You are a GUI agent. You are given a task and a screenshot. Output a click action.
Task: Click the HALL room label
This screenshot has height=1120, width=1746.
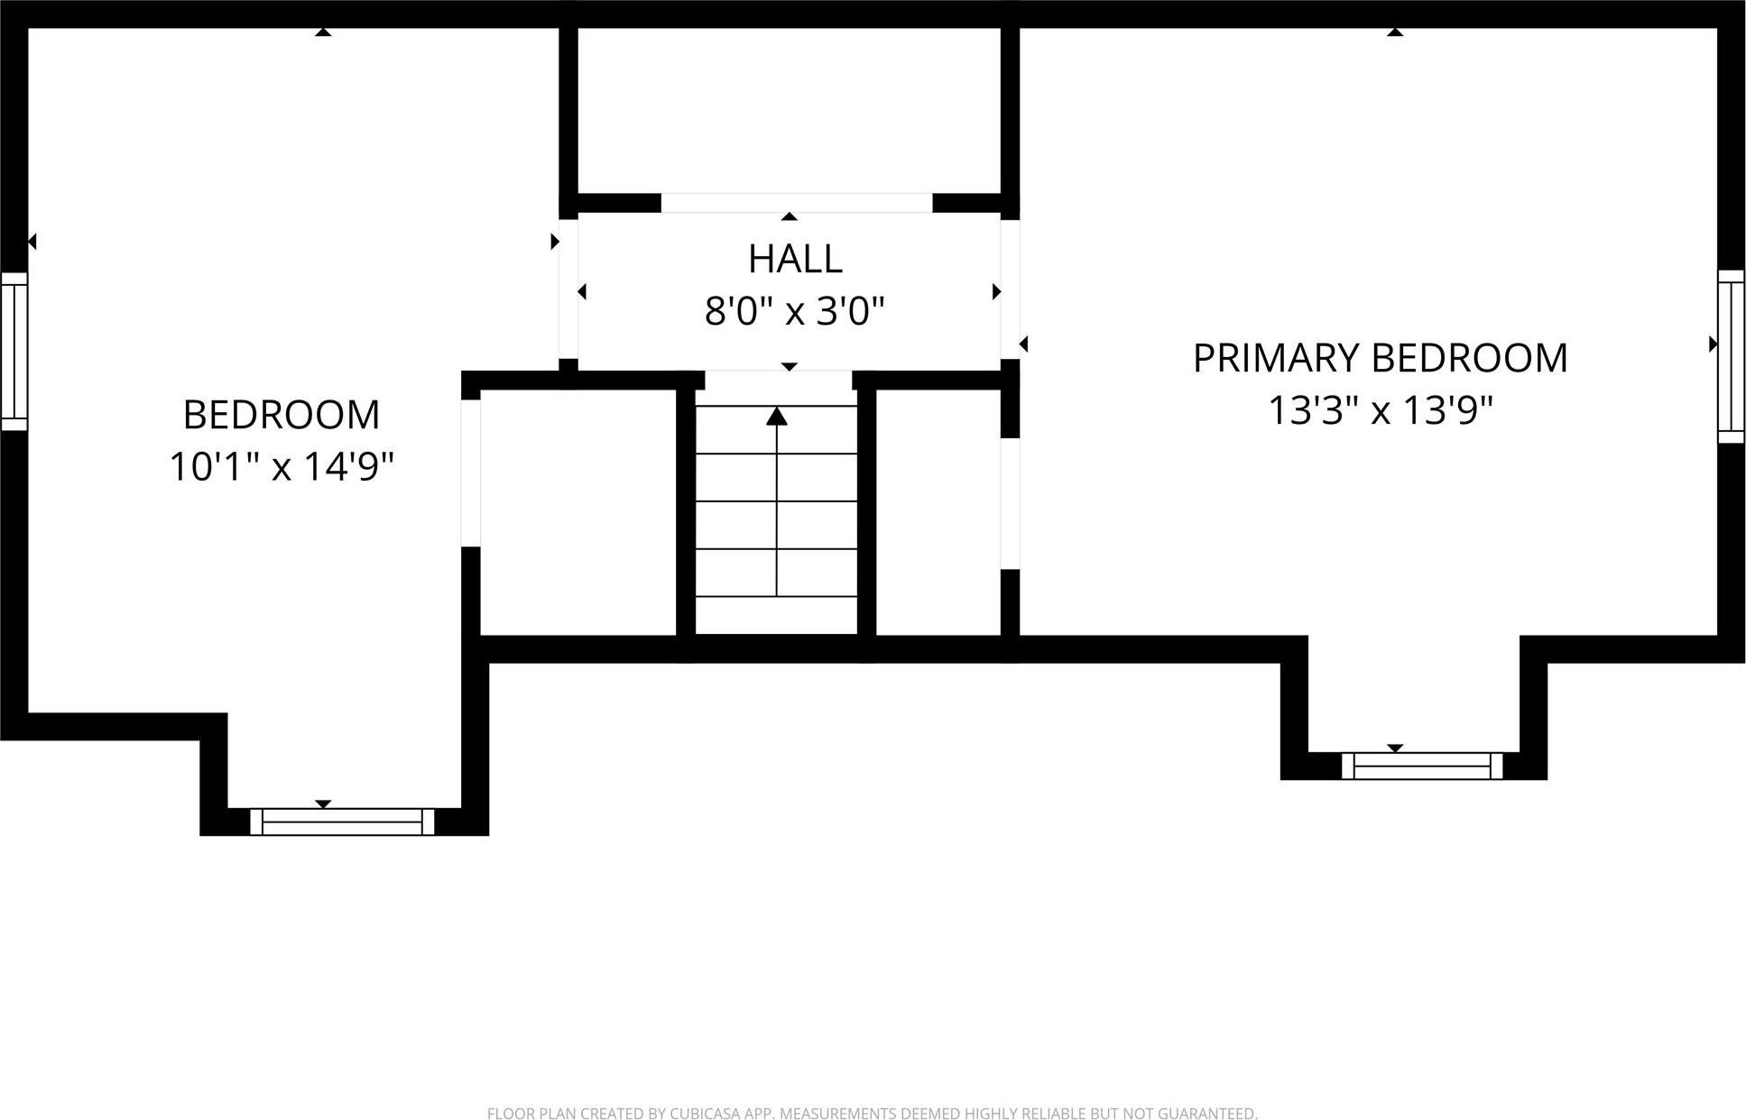[795, 260]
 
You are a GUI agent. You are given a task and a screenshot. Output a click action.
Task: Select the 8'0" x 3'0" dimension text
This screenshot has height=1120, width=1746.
[794, 312]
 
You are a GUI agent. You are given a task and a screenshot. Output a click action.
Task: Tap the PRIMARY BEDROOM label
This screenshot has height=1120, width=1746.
[1380, 358]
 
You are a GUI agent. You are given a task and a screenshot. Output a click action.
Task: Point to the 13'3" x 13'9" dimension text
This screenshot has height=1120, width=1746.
[1381, 410]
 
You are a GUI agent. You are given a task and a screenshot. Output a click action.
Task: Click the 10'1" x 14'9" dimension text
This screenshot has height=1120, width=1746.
[282, 467]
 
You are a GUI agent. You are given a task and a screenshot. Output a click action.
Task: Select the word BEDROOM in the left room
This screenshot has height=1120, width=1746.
[282, 415]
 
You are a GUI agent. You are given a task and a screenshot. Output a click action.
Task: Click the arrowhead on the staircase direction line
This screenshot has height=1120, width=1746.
[776, 417]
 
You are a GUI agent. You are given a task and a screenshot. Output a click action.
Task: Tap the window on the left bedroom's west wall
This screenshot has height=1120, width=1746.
[14, 352]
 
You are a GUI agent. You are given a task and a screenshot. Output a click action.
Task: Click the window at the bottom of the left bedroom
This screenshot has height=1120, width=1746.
[342, 822]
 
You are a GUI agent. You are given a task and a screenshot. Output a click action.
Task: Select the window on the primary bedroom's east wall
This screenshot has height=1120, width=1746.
[1731, 356]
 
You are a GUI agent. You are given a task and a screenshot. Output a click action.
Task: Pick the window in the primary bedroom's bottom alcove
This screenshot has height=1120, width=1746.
[1422, 766]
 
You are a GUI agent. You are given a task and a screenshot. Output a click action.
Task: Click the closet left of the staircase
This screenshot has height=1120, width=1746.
[577, 512]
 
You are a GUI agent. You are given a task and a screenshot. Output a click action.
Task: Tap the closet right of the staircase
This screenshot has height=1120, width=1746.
[938, 512]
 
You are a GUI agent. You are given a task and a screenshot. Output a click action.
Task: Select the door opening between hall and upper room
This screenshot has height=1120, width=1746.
[796, 203]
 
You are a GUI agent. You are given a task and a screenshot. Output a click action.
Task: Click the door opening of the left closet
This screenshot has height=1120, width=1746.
[470, 473]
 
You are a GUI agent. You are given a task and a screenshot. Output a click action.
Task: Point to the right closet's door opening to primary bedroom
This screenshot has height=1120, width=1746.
[1011, 503]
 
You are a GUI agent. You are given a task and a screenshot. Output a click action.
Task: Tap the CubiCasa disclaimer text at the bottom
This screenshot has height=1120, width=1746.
[872, 1114]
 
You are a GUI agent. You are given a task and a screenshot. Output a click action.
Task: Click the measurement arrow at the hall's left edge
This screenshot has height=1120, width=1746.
[582, 291]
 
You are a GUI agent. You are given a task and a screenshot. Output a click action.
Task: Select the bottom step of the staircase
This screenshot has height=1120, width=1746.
[776, 615]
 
